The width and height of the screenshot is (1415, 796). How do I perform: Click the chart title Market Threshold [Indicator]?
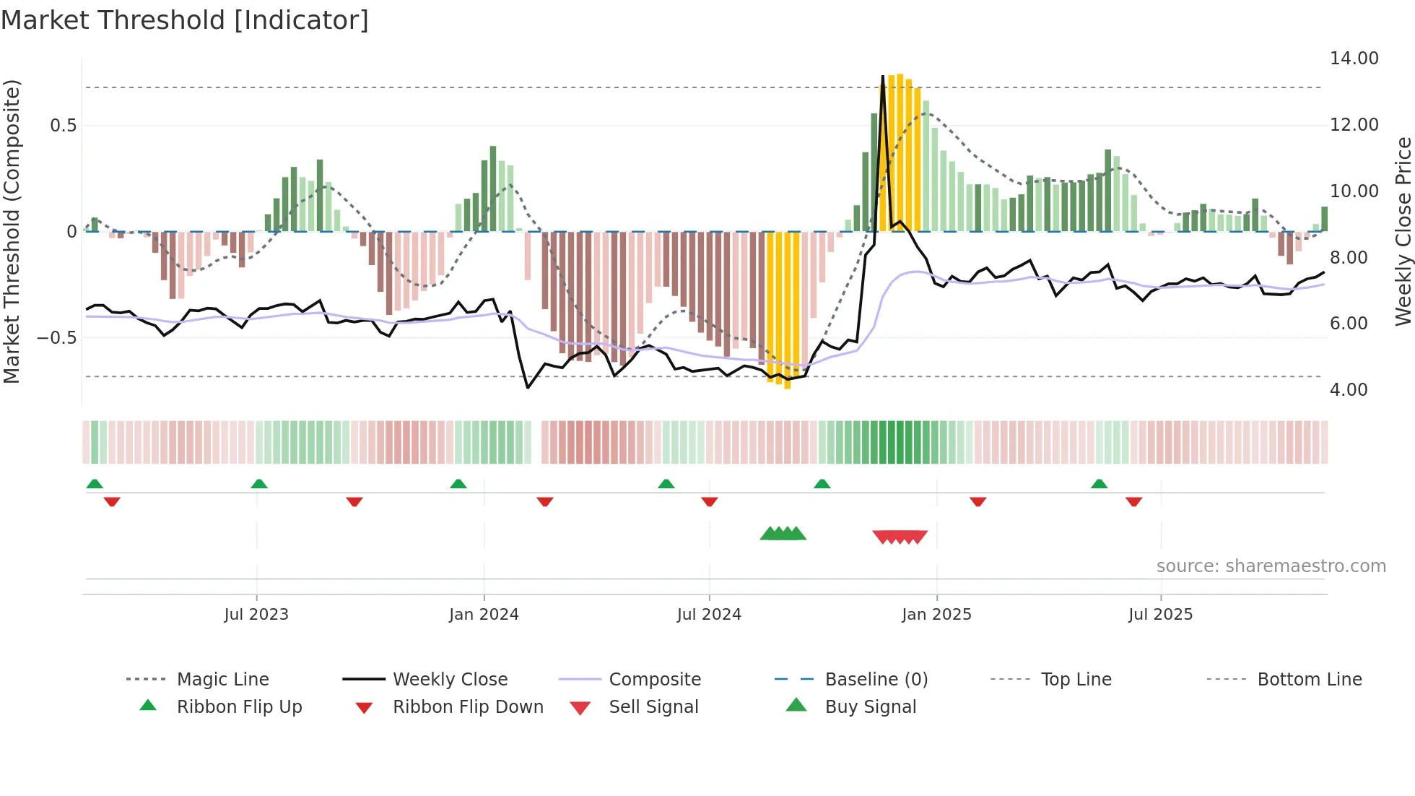tap(185, 20)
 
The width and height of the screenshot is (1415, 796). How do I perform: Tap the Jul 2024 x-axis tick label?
tap(709, 615)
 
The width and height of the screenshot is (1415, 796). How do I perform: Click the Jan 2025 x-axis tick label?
tap(936, 615)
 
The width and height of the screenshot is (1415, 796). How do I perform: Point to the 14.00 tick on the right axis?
tap(1354, 59)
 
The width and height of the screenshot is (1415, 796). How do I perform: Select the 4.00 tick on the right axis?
tap(1349, 390)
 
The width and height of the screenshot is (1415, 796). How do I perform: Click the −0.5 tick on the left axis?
tap(56, 338)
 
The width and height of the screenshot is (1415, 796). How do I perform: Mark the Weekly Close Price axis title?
tap(1402, 231)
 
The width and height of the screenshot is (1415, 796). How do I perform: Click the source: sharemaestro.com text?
tap(1271, 566)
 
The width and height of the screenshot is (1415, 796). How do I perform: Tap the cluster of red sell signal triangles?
tap(900, 537)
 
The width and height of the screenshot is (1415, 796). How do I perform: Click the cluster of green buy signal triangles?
tap(783, 534)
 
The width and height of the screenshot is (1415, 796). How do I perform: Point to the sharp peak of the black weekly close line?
tap(882, 77)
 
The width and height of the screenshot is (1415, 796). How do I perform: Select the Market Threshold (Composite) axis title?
tap(12, 231)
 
